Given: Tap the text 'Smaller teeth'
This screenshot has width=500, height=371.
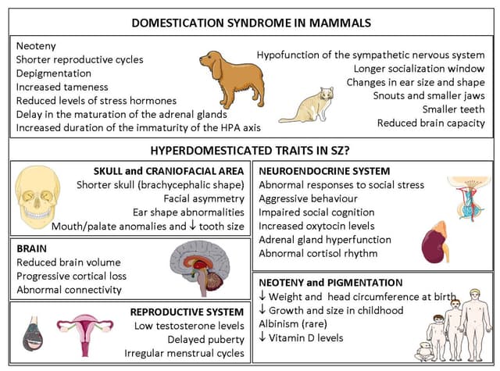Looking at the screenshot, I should pos(453,109).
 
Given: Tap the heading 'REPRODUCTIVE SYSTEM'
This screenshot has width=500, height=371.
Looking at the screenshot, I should pos(187,311).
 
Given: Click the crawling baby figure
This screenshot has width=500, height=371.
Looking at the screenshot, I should pos(426,350).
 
